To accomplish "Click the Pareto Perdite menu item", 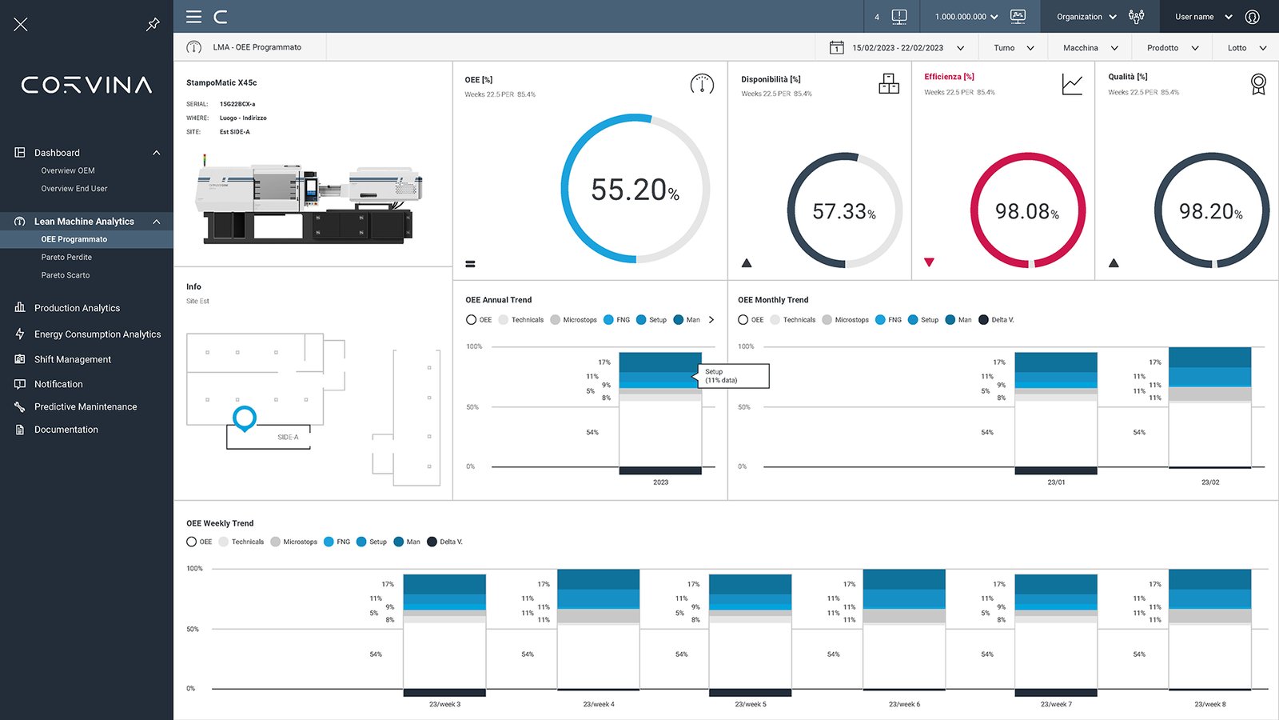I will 66,258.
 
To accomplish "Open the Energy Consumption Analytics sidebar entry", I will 97,334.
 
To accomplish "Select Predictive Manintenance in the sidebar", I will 85,407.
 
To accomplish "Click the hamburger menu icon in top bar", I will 193,17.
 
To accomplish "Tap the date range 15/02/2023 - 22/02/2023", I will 897,48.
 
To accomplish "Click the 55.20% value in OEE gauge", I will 635,190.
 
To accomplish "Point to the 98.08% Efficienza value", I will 1026,211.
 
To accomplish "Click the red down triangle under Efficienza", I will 929,262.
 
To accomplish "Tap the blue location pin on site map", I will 244,418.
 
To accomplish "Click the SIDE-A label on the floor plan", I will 288,438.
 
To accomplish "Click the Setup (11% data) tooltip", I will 734,376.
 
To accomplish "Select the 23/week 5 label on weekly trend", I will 751,705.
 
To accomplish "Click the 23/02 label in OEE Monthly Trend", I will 1209,482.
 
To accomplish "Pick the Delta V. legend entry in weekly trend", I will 445,542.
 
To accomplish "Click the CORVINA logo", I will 86,85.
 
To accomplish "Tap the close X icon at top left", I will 21,25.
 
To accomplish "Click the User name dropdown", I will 1203,17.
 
